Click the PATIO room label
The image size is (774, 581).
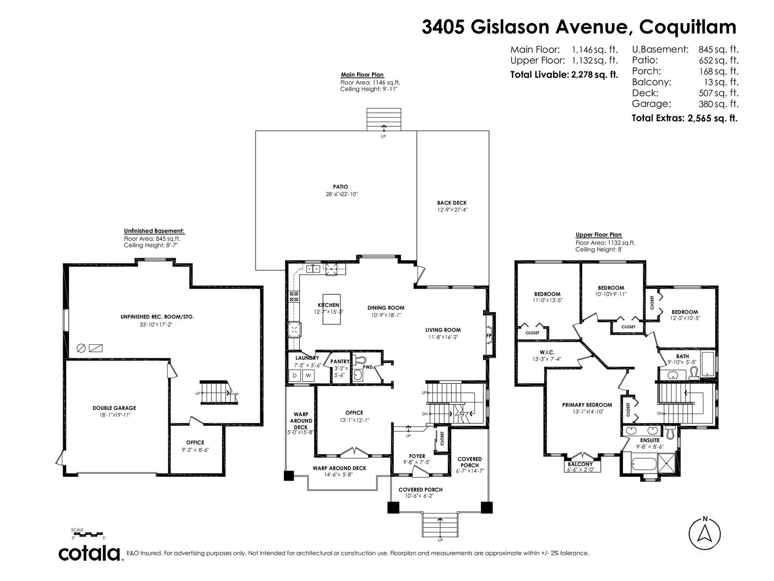340,186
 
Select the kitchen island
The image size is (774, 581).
331,309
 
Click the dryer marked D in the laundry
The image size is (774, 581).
295,376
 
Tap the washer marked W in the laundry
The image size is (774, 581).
308,376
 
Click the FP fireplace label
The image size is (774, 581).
489,336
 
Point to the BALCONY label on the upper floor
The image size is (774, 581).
580,464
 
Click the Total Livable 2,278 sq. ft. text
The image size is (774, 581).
564,75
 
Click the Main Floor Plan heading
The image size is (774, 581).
362,75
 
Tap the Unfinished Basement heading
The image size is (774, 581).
154,231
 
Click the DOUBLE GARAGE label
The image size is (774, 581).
114,408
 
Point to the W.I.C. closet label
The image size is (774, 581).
547,352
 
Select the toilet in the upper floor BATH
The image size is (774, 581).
694,374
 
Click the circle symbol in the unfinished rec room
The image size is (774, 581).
81,349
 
